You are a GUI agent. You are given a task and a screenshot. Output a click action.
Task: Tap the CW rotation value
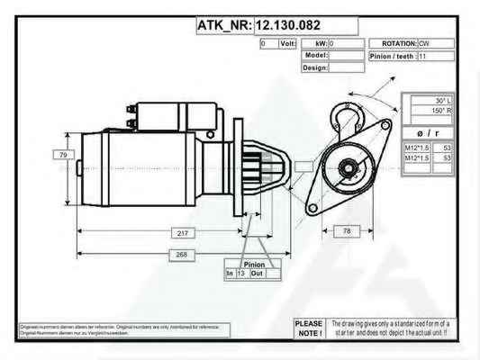(x=423, y=43)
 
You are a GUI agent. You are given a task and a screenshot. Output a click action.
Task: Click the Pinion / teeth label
(x=392, y=55)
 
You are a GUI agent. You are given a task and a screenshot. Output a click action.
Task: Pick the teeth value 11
(x=422, y=55)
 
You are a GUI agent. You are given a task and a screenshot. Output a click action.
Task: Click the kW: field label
(x=321, y=43)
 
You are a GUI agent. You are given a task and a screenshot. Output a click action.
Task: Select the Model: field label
(x=316, y=55)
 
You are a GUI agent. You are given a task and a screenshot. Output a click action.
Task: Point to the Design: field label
(x=315, y=67)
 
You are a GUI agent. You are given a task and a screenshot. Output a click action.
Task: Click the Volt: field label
(x=288, y=43)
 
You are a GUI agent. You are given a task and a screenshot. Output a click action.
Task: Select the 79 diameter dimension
(x=63, y=156)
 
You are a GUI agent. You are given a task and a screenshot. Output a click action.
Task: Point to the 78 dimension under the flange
(x=347, y=231)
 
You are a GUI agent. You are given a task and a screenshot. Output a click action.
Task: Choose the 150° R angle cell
(x=442, y=112)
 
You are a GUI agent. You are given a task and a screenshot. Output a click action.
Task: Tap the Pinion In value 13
(x=240, y=273)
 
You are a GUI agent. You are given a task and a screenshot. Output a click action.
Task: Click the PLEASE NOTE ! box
(x=308, y=328)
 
